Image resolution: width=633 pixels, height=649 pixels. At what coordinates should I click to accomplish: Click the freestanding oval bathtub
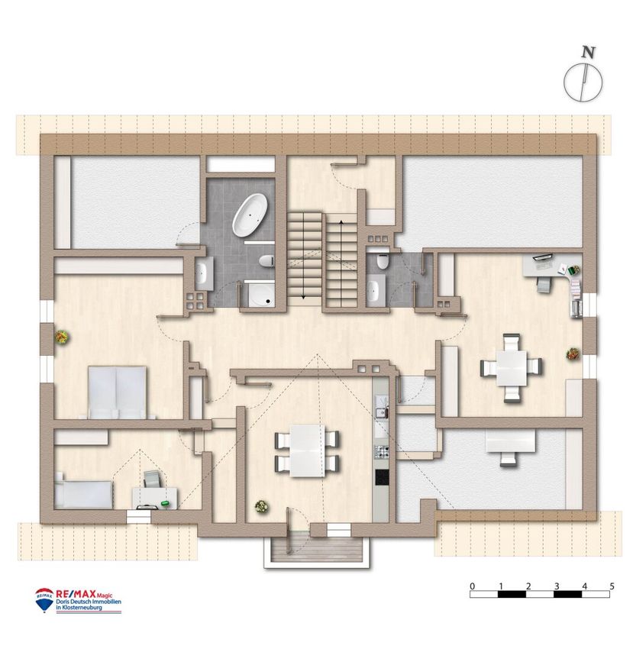[x=250, y=215]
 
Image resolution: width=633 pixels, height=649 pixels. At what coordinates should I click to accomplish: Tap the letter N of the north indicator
[x=588, y=53]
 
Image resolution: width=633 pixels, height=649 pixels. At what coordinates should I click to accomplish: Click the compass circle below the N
[x=583, y=82]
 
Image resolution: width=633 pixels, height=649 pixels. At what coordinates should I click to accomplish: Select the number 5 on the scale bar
[x=612, y=586]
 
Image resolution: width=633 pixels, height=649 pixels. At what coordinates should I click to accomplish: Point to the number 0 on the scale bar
[x=473, y=586]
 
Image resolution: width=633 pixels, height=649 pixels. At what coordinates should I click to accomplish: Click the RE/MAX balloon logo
[x=44, y=599]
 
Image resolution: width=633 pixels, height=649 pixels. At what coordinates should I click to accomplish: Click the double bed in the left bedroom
[x=117, y=392]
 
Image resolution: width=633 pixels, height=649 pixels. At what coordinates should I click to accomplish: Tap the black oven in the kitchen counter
[x=381, y=477]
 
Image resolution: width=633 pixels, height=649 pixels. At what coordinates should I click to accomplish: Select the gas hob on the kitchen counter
[x=381, y=451]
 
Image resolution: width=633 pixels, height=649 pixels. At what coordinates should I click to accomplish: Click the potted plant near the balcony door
[x=262, y=506]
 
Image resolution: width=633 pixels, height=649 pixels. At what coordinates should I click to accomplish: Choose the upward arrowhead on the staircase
[x=341, y=222]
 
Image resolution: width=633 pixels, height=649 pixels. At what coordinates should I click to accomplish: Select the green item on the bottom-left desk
[x=165, y=503]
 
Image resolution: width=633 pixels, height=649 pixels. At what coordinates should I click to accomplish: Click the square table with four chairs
[x=512, y=368]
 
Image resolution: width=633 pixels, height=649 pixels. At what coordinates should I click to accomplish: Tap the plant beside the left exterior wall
[x=62, y=337]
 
